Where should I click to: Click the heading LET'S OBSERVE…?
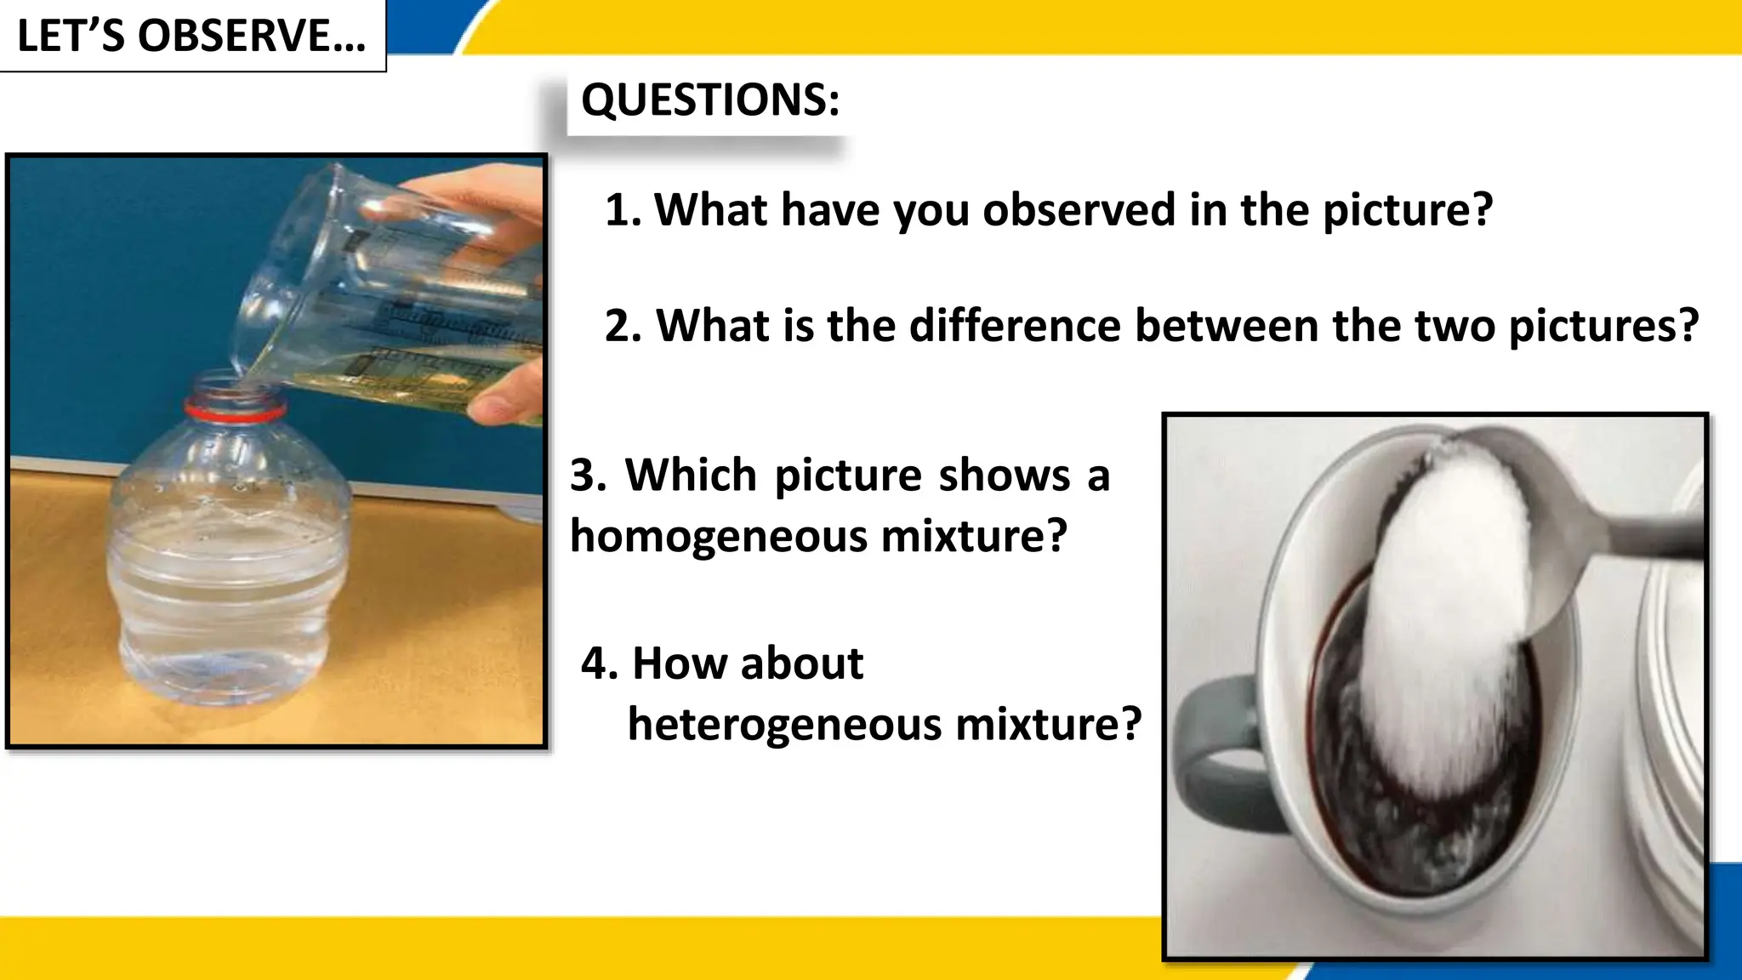tap(191, 36)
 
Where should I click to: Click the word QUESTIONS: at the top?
tap(710, 100)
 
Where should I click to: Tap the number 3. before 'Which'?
tap(589, 475)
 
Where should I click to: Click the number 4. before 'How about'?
tap(600, 664)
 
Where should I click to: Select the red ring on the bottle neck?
tap(236, 413)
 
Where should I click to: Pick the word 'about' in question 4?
tap(801, 664)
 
